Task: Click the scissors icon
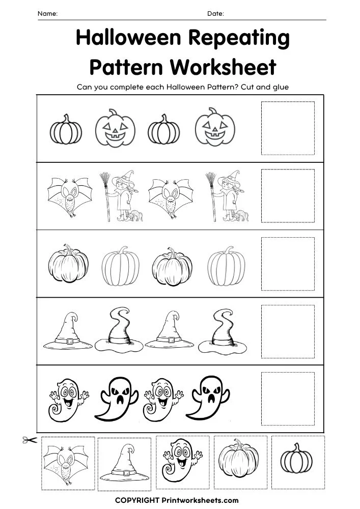pos(30,440)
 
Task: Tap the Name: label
pos(47,14)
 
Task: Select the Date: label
pos(215,14)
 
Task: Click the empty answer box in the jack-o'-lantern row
pos(288,128)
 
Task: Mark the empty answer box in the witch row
pos(288,195)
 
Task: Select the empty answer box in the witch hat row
pos(288,331)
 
